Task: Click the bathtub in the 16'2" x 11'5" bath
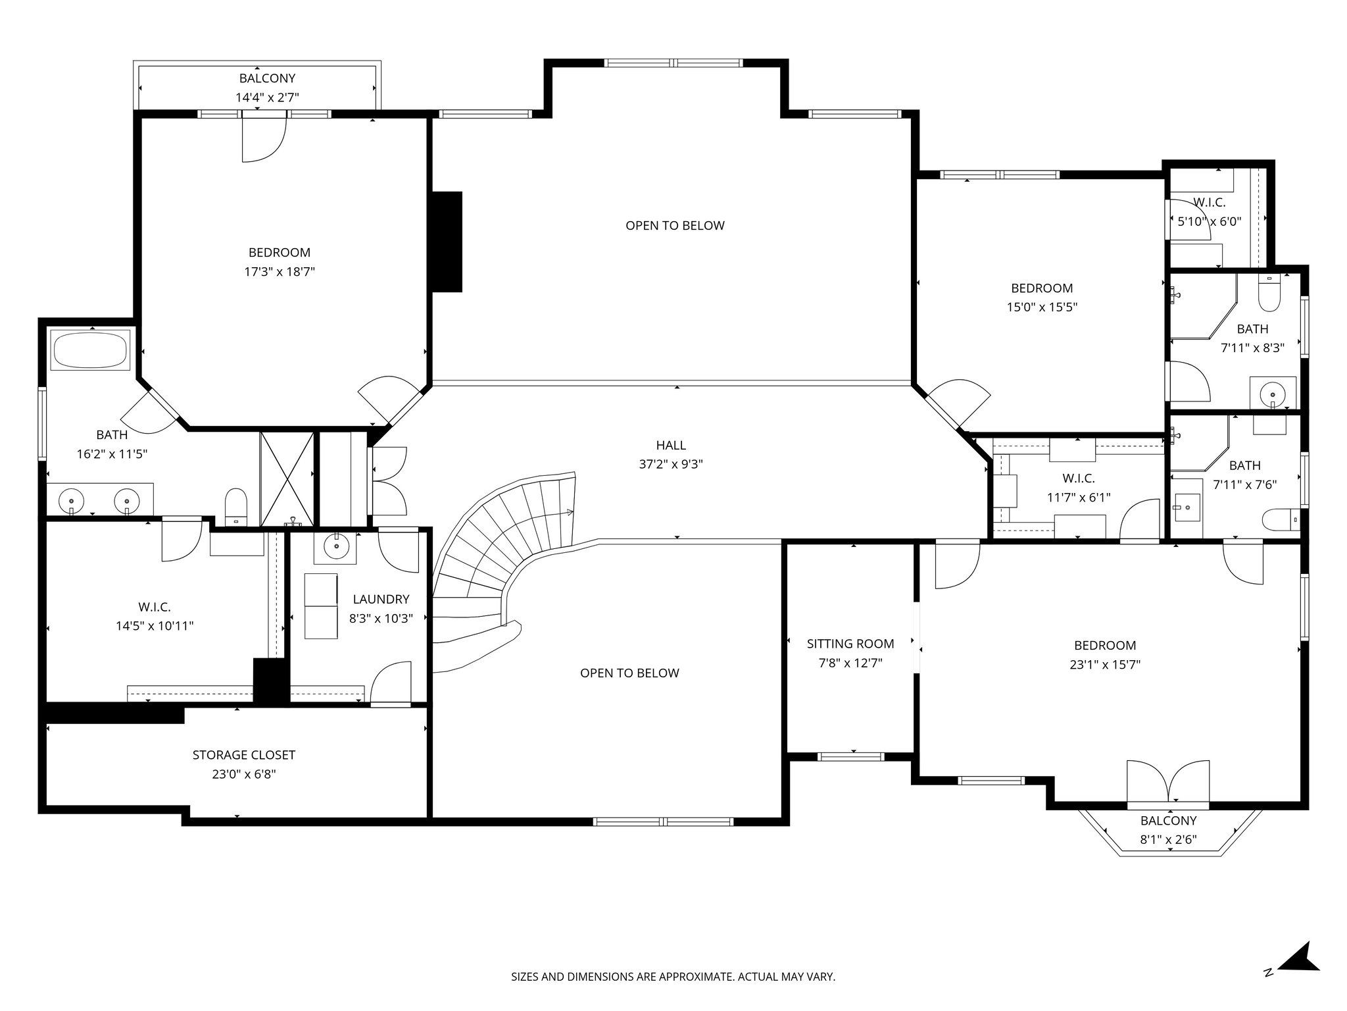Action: point(91,350)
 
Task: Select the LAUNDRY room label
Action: point(381,599)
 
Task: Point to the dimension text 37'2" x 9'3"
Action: point(670,464)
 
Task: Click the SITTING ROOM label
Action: point(850,644)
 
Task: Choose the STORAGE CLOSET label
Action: point(243,755)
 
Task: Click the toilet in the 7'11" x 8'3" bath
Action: point(1269,294)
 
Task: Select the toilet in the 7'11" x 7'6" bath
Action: point(1281,519)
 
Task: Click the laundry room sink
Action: point(336,546)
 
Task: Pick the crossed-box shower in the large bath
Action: point(287,479)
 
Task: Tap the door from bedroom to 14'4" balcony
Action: point(264,137)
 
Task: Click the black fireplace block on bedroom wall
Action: point(447,242)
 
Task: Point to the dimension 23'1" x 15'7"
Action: point(1105,665)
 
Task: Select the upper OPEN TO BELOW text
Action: point(675,226)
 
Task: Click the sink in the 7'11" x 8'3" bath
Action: point(1273,394)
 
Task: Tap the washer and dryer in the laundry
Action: point(321,606)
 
